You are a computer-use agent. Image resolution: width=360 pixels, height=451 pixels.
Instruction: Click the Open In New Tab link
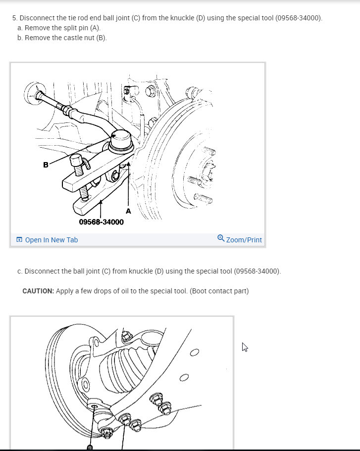pyautogui.click(x=51, y=240)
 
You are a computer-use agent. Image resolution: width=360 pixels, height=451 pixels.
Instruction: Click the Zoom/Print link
pyautogui.click(x=244, y=240)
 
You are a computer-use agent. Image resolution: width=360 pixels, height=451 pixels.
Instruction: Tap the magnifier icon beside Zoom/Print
pyautogui.click(x=221, y=238)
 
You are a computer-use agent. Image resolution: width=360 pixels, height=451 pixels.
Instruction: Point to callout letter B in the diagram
pyautogui.click(x=46, y=165)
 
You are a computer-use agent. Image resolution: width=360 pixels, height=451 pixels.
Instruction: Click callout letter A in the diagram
pyautogui.click(x=128, y=211)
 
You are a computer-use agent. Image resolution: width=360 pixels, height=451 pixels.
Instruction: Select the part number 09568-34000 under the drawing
pyautogui.click(x=102, y=222)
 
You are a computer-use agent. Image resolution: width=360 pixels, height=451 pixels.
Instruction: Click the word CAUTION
pyautogui.click(x=38, y=291)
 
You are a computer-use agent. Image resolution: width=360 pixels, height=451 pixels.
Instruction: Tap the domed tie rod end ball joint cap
pyautogui.click(x=121, y=139)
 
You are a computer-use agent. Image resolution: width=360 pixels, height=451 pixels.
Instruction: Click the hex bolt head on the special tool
pyautogui.click(x=76, y=160)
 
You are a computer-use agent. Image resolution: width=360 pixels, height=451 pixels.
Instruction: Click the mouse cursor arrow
pyautogui.click(x=244, y=347)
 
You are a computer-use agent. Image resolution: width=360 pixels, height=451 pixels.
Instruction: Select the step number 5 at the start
pyautogui.click(x=15, y=18)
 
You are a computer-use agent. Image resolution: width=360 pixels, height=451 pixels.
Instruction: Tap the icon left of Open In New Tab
pyautogui.click(x=19, y=239)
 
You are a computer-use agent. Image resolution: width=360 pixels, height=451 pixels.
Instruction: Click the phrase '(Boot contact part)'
pyautogui.click(x=219, y=291)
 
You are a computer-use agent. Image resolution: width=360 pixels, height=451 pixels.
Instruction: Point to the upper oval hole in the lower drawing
pyautogui.click(x=195, y=352)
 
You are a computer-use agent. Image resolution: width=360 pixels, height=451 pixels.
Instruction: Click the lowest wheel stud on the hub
pyautogui.click(x=203, y=198)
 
